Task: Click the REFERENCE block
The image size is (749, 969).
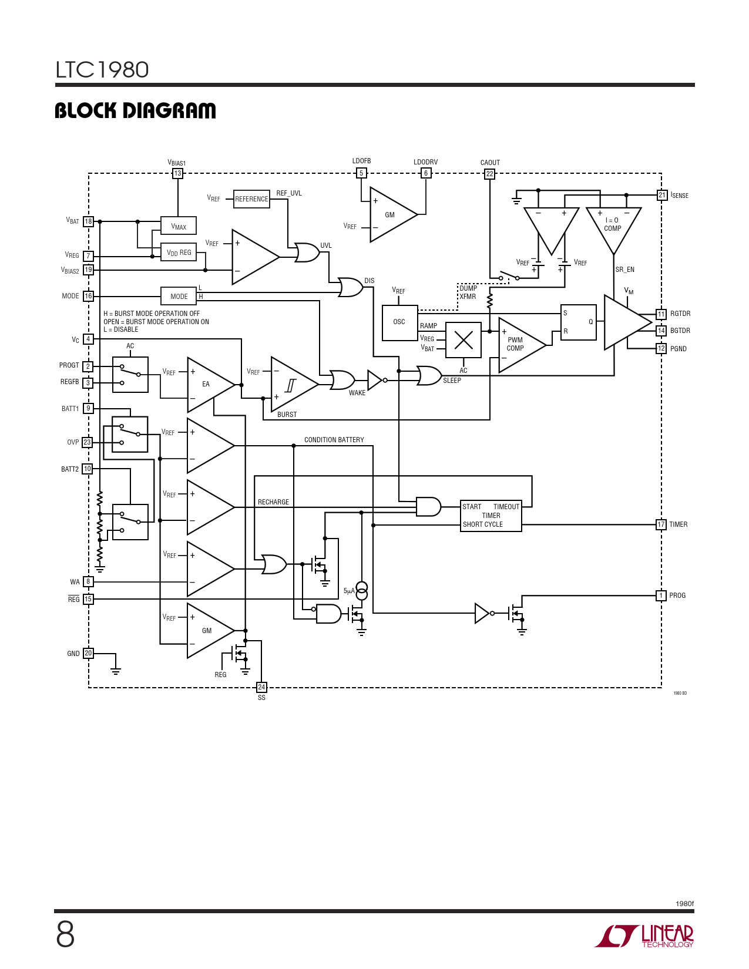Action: (x=251, y=199)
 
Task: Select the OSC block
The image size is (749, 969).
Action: (x=399, y=323)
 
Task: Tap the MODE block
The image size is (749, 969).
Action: (x=179, y=296)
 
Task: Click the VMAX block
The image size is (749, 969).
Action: (x=179, y=226)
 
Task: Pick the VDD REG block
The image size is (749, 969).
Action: (x=179, y=253)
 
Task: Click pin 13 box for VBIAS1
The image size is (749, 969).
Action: (x=177, y=173)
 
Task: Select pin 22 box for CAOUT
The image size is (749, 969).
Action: (x=489, y=173)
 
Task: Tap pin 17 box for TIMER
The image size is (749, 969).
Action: (x=661, y=524)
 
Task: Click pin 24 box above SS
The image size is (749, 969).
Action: (x=261, y=687)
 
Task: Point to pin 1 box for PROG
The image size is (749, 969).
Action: (x=661, y=595)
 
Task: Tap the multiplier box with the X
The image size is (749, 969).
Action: (x=463, y=340)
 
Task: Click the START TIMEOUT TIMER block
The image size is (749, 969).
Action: (x=491, y=516)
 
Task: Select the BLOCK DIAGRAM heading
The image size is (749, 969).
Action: (x=135, y=110)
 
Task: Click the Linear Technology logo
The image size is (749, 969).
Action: (x=644, y=936)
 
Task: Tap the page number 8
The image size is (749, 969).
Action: (x=65, y=935)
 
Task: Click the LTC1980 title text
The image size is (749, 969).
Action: (x=102, y=69)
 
